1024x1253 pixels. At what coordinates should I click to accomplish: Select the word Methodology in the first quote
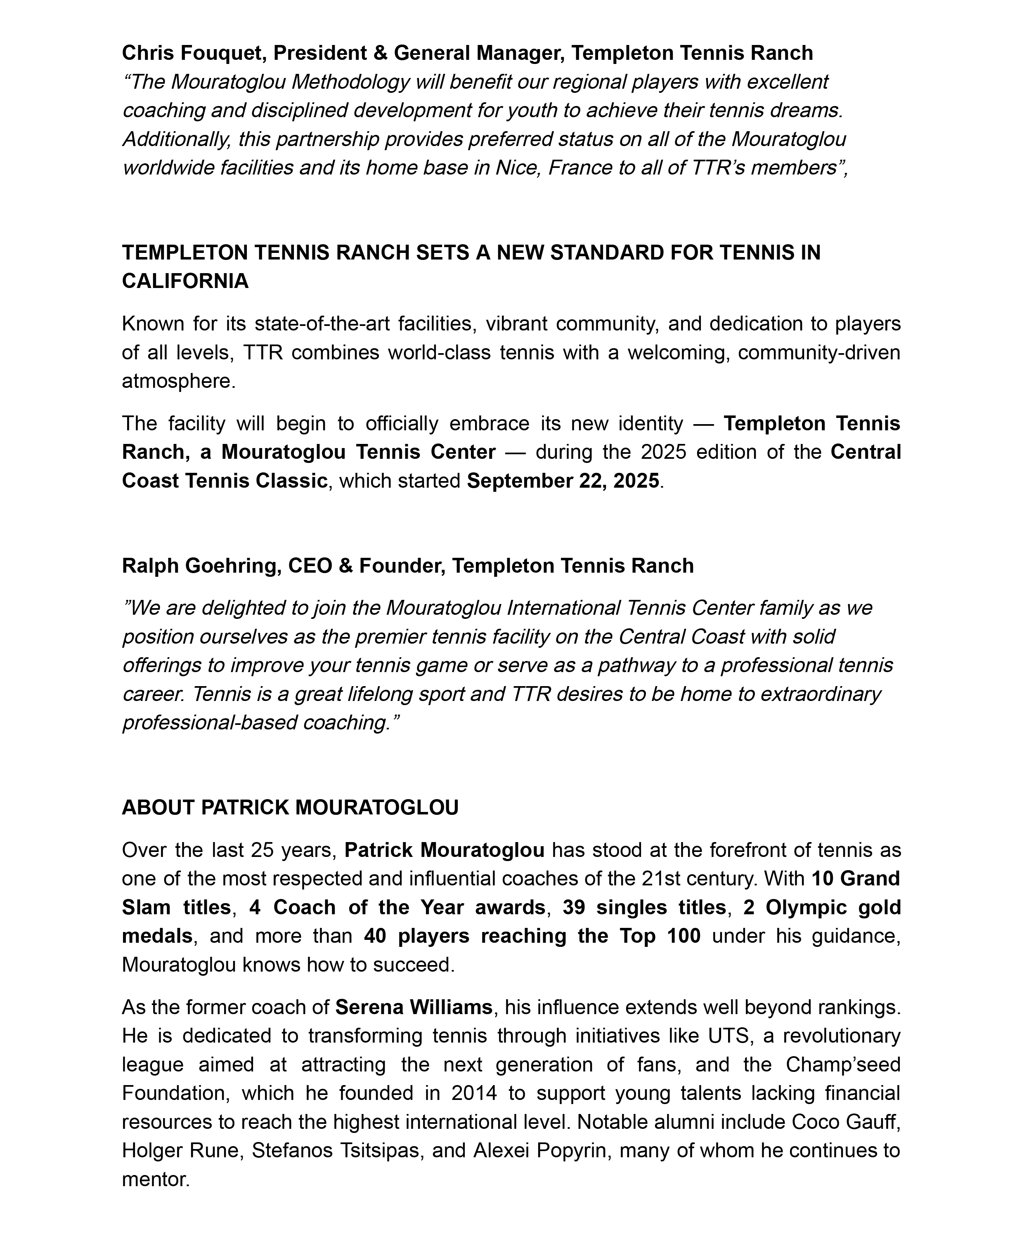pyautogui.click(x=350, y=82)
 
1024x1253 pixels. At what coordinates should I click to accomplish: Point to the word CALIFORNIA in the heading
pyautogui.click(x=185, y=281)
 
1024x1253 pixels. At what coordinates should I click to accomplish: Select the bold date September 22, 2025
pyautogui.click(x=563, y=481)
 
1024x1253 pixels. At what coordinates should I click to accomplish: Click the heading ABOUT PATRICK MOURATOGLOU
pyautogui.click(x=290, y=808)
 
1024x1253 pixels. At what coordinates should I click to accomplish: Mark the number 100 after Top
pyautogui.click(x=683, y=936)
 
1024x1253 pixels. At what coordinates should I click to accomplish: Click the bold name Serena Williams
pyautogui.click(x=414, y=1007)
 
